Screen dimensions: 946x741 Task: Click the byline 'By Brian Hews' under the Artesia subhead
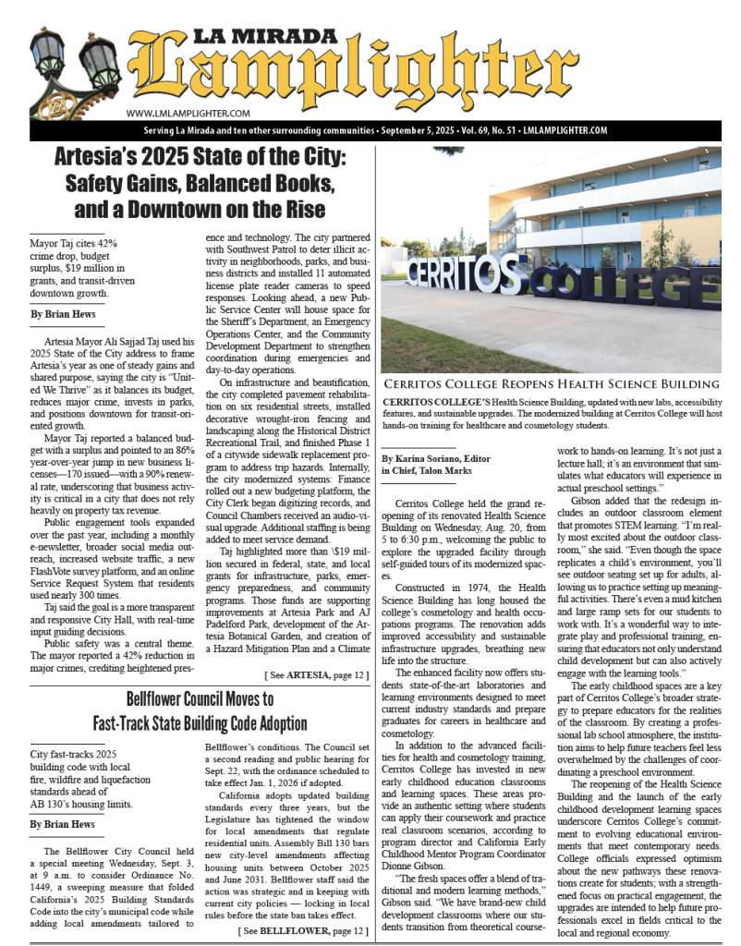click(x=61, y=314)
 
